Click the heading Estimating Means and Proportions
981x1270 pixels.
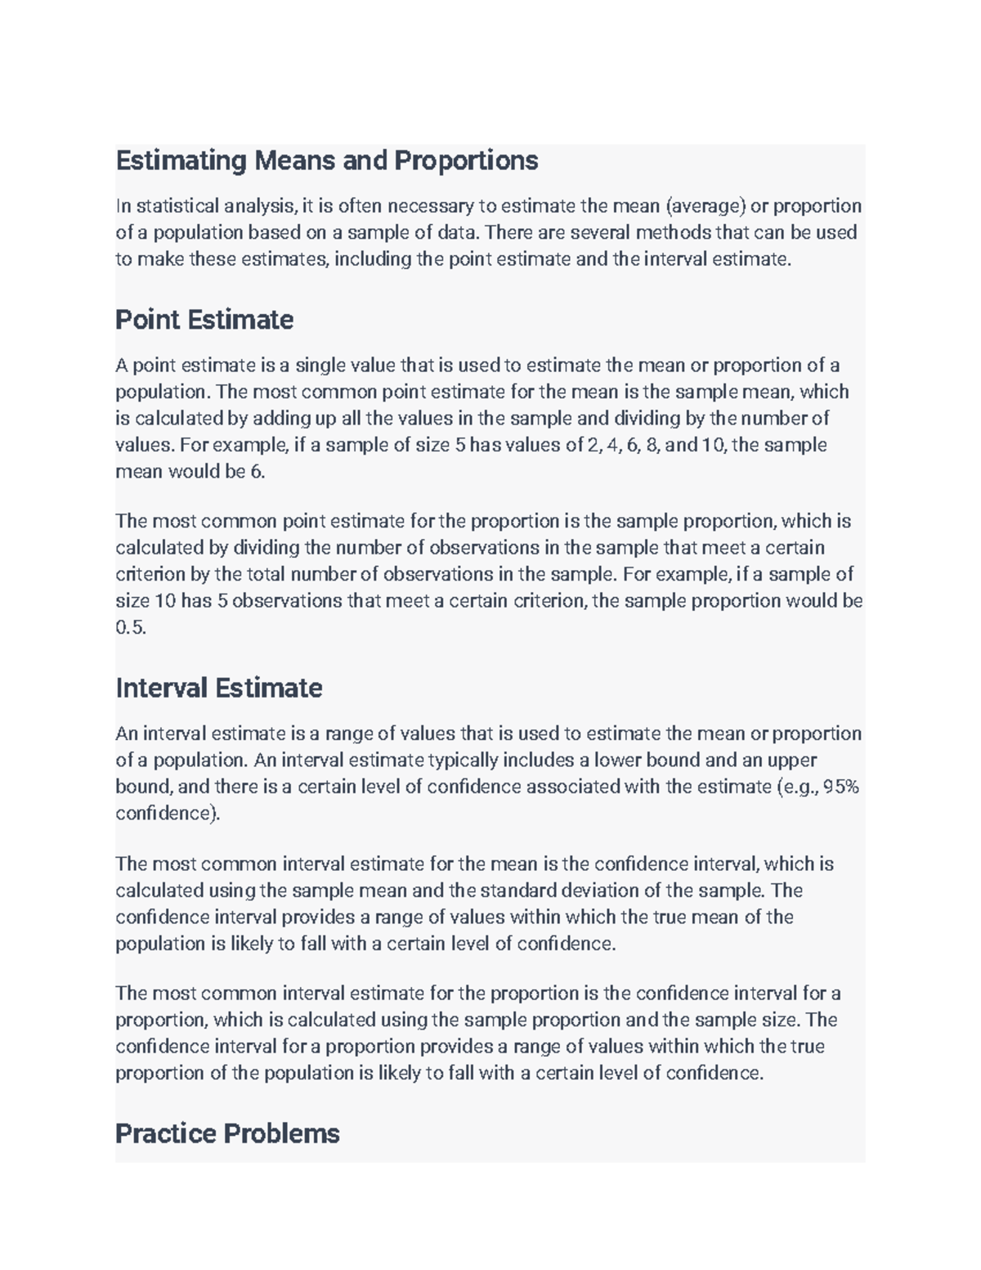326,160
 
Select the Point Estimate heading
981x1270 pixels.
204,319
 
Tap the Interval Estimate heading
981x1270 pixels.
218,688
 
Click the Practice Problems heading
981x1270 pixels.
227,1133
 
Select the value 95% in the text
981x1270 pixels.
841,787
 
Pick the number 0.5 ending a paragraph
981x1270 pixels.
130,627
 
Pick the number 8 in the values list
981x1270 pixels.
652,445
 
